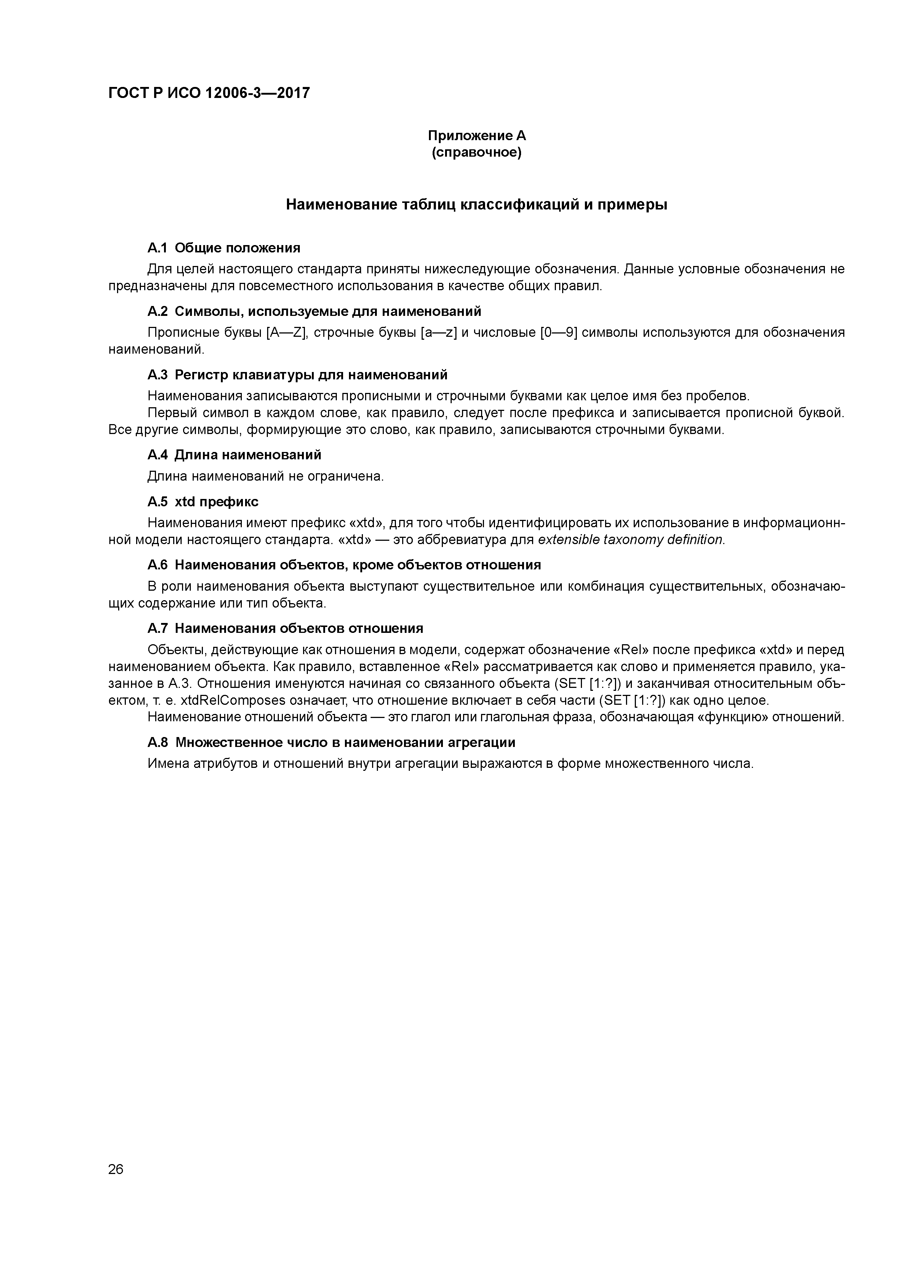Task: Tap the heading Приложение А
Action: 477,136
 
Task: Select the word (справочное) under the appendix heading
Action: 477,153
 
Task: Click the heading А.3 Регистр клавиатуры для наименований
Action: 297,375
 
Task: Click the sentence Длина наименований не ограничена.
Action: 266,477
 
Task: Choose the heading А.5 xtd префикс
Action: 203,501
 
